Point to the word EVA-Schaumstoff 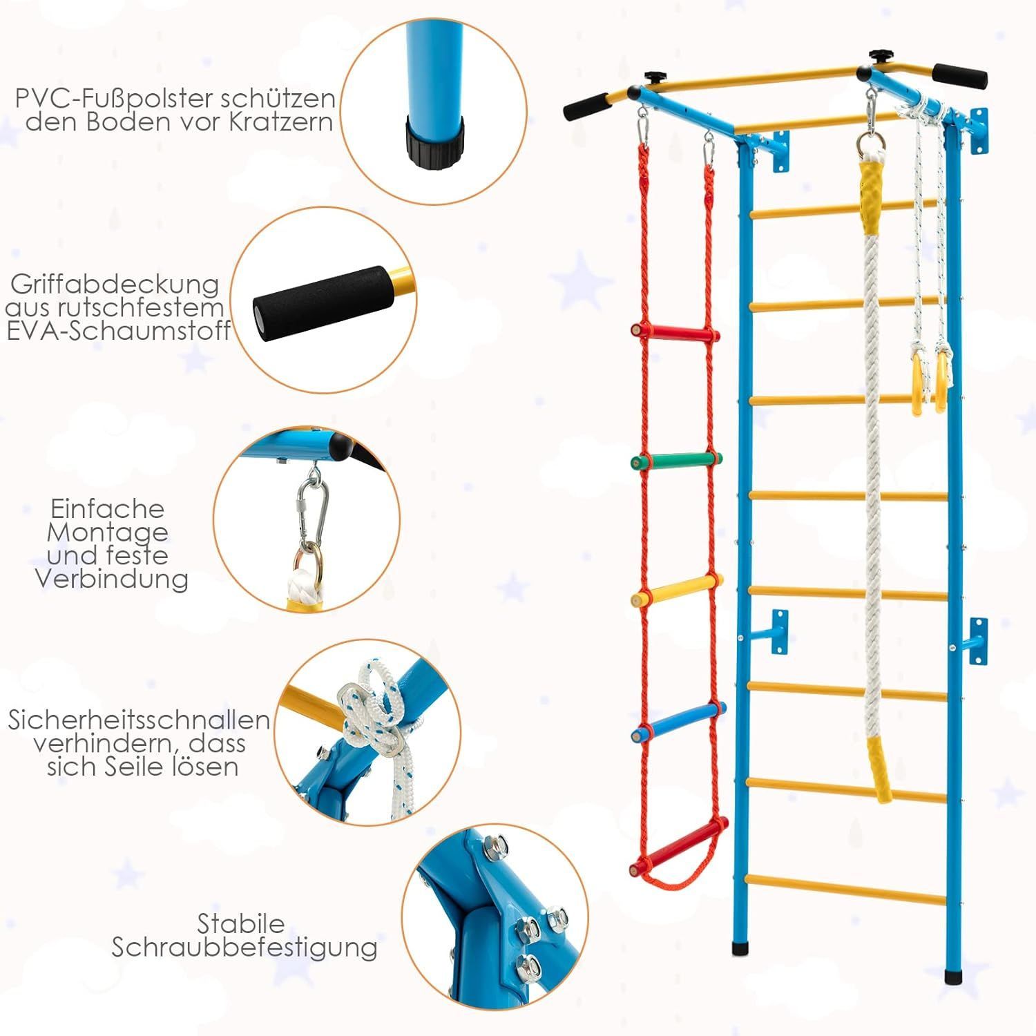(x=118, y=331)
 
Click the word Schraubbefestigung (x=244, y=948)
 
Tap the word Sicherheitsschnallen (x=139, y=720)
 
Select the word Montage (x=107, y=533)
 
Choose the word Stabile (x=241, y=923)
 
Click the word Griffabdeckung (x=115, y=285)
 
